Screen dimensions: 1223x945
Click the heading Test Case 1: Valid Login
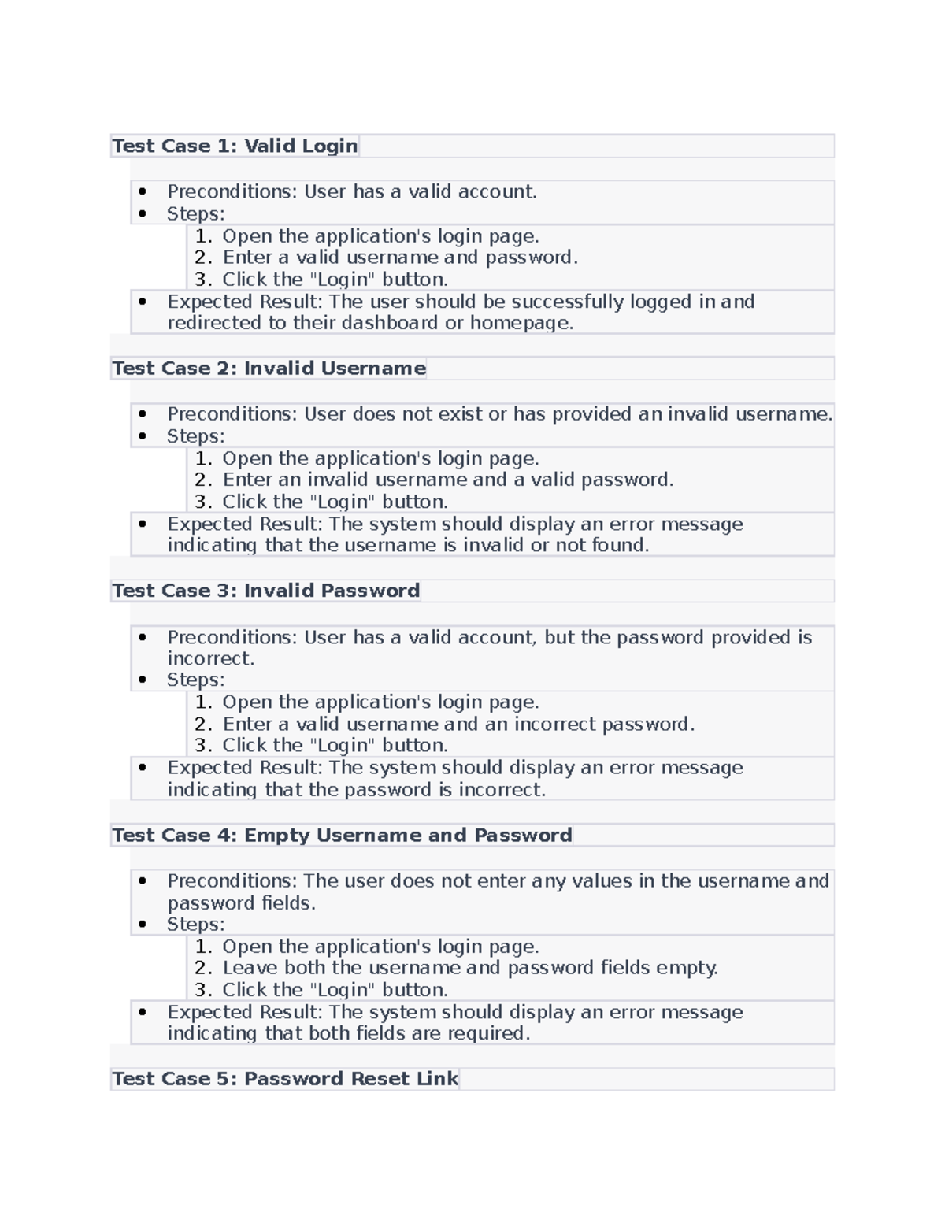coord(235,146)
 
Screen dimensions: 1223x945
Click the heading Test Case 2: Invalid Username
coord(269,369)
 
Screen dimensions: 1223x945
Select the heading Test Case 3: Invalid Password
coord(265,591)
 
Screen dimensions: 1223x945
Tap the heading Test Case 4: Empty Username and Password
coord(342,836)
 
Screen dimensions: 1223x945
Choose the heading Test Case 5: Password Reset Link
coord(284,1079)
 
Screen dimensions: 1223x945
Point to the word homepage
coord(520,323)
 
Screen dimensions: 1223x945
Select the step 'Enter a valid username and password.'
coord(400,258)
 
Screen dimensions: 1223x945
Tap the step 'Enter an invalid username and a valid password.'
coord(447,480)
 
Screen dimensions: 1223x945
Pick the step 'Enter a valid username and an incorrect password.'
coord(458,725)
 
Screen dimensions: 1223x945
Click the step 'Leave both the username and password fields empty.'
coord(470,968)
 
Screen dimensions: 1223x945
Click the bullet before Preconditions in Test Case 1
coord(143,191)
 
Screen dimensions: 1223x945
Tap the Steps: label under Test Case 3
coord(195,680)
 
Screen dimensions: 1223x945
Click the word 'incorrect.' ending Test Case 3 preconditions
coord(210,658)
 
